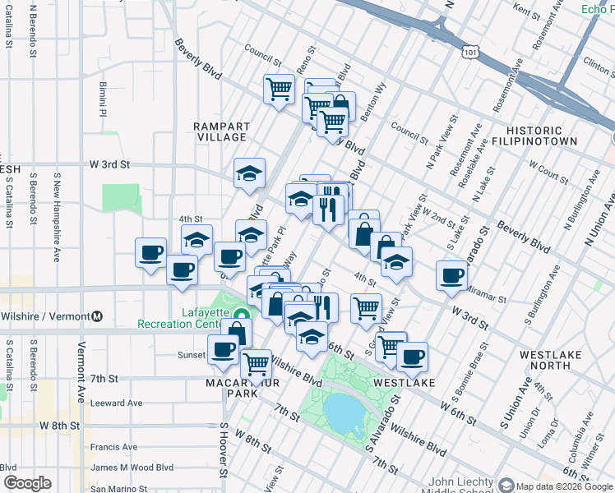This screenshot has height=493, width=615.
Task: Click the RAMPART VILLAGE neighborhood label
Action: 220,131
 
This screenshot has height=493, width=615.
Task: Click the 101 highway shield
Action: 469,53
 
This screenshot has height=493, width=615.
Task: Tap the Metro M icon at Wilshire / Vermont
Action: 97,316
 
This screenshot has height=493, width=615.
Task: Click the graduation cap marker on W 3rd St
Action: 249,173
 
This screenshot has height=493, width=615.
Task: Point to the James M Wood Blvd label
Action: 132,468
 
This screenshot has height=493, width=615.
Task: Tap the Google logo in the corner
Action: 26,483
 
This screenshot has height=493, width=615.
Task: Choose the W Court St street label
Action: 548,175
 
